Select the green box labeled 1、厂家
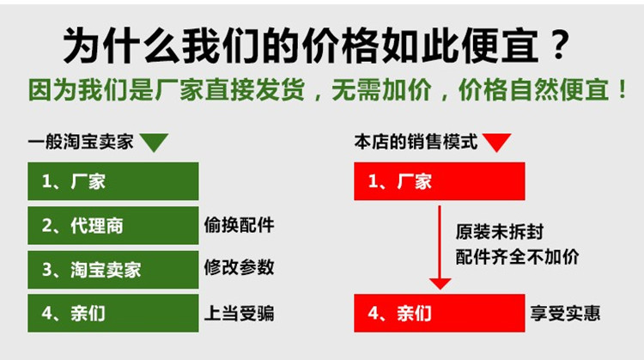113,181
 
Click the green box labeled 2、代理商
113,226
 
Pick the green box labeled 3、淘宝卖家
113,270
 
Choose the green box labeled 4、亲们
113,313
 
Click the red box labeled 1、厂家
440,181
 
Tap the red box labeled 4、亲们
440,313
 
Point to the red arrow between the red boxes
440,247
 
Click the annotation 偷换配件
239,225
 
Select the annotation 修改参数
239,267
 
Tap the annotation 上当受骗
239,313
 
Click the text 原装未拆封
500,232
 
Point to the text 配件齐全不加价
517,257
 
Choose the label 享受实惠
565,313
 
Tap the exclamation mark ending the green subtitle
623,90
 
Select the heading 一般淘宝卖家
81,142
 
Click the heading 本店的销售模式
416,142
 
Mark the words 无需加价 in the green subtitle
381,89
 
